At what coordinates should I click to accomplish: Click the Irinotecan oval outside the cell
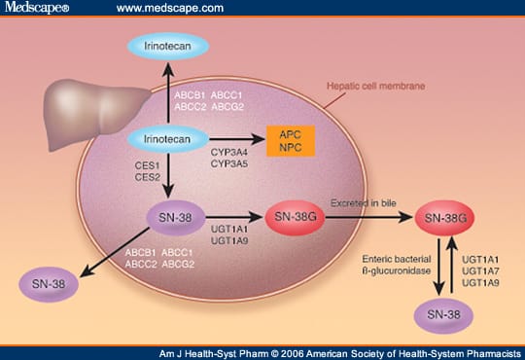168,46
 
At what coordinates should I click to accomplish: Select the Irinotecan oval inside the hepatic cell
168,139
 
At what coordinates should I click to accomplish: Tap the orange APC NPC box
291,141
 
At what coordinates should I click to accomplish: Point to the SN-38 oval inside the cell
175,218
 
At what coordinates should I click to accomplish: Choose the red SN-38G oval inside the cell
295,217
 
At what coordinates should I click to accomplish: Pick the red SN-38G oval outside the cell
444,218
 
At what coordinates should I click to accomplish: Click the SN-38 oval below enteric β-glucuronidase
443,314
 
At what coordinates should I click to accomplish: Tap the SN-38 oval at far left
49,284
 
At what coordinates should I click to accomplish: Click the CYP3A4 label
229,153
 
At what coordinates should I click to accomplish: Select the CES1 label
148,165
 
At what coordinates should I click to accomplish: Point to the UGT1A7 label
480,270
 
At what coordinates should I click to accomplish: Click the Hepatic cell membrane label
375,87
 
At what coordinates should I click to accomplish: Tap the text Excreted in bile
364,202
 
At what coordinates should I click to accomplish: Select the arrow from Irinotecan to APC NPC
237,139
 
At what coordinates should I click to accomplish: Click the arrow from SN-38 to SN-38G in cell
234,218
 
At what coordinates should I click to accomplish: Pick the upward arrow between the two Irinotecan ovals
168,92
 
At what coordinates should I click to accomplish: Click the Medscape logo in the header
37,8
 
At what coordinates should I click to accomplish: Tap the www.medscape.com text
170,8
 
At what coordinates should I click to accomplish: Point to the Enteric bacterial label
397,259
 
